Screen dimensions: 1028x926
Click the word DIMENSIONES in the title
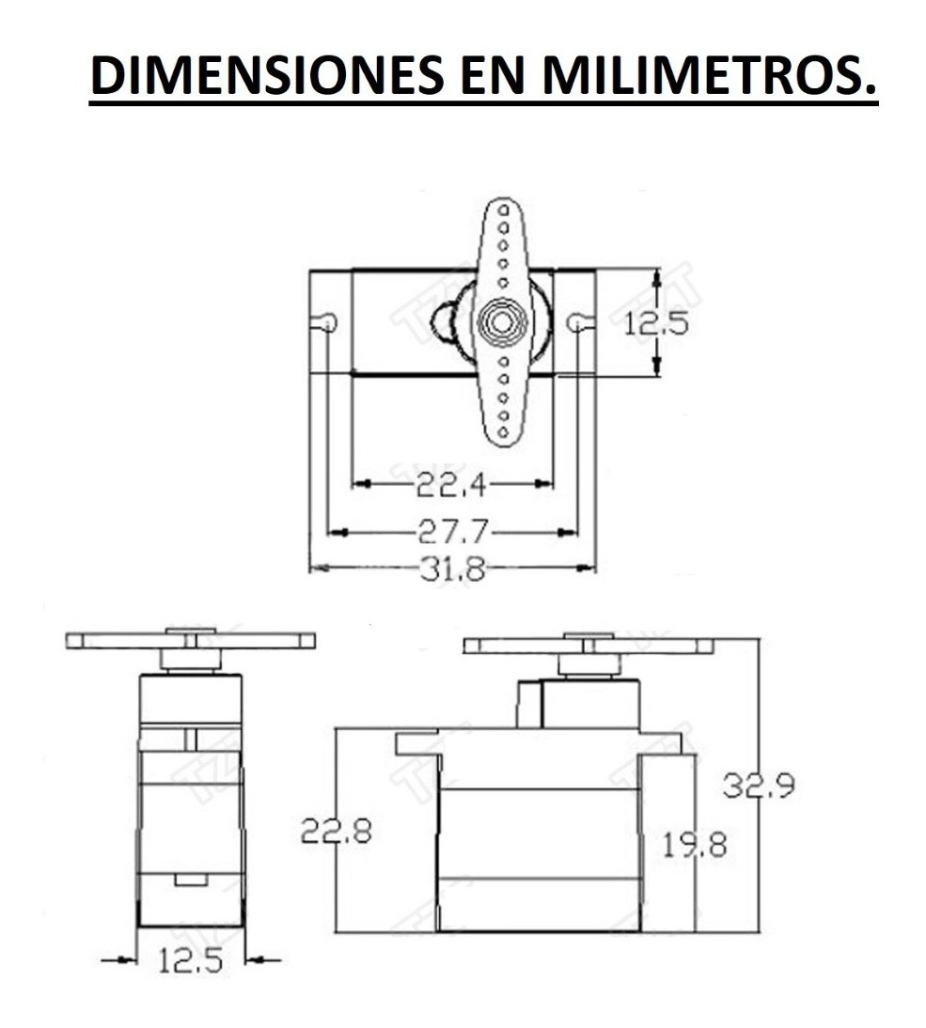pyautogui.click(x=266, y=74)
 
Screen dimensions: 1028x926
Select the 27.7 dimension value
pyautogui.click(x=453, y=532)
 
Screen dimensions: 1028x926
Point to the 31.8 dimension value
pyautogui.click(x=452, y=569)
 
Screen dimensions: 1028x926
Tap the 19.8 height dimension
pyautogui.click(x=694, y=845)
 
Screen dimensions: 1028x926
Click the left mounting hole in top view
pyautogui.click(x=327, y=323)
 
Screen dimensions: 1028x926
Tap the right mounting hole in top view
pyautogui.click(x=576, y=322)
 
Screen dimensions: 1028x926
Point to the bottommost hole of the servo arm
pyautogui.click(x=502, y=431)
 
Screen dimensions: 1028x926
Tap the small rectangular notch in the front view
pyautogui.click(x=191, y=880)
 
